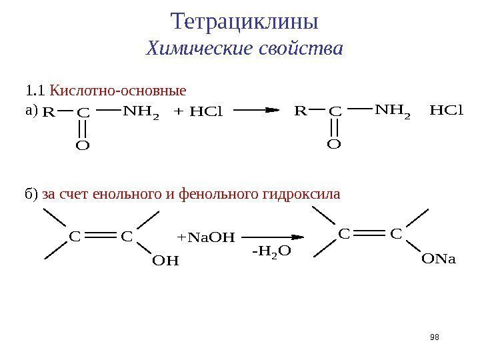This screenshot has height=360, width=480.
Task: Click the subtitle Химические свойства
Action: point(245,49)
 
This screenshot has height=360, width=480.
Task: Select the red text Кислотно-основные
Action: point(119,89)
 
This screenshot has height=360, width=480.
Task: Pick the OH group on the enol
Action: point(166,261)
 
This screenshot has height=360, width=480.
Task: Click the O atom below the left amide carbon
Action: point(83,144)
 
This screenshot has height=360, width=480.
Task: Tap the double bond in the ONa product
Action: point(371,234)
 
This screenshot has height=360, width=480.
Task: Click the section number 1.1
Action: point(33,89)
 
